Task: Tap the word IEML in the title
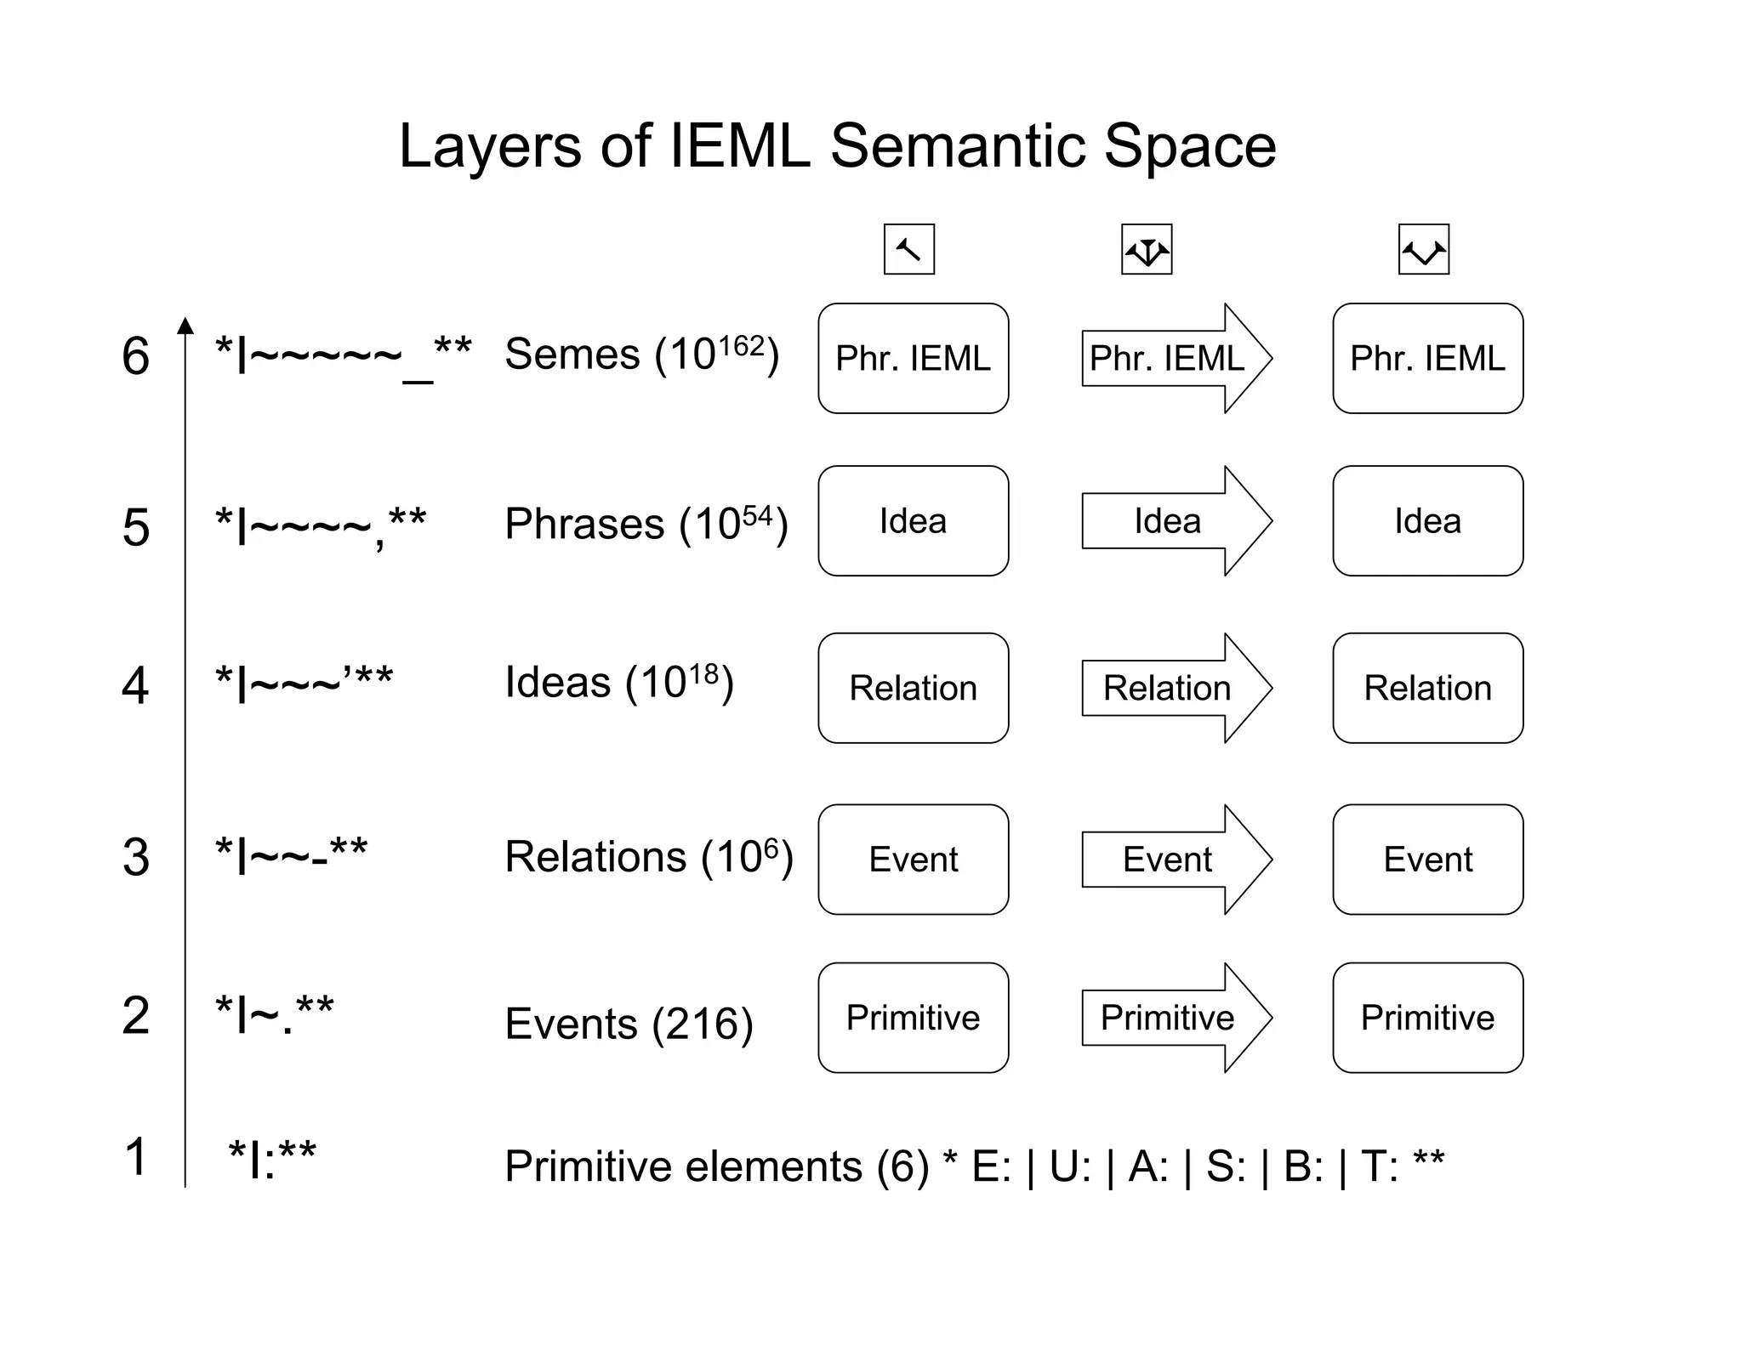[x=739, y=146]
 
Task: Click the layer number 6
[x=135, y=355]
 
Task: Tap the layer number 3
[x=135, y=857]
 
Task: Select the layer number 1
[x=135, y=1157]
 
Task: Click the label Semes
[x=572, y=355]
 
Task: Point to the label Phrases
[x=584, y=524]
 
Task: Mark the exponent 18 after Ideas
[x=703, y=674]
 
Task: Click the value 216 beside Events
[x=702, y=1024]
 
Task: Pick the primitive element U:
[x=1070, y=1166]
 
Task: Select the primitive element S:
[x=1226, y=1166]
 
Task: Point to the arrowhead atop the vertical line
[x=185, y=326]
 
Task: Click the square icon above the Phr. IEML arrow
[x=1147, y=249]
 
